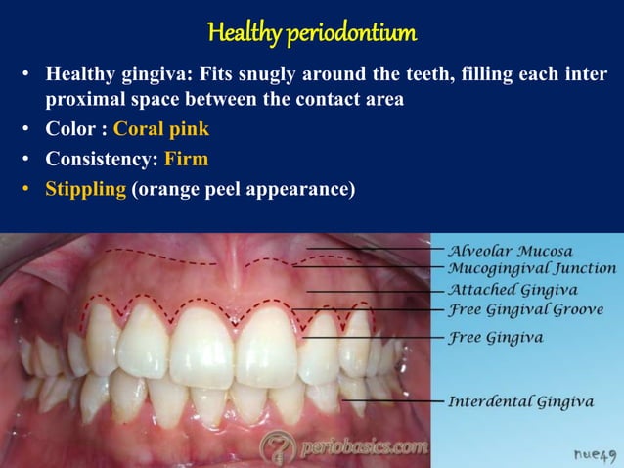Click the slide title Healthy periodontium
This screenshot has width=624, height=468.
[x=312, y=33]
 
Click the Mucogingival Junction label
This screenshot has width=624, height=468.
[x=531, y=268]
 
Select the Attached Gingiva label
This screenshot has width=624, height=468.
[x=513, y=290]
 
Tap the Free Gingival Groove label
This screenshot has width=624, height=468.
[x=525, y=310]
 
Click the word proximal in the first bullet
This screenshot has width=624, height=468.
[x=84, y=101]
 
